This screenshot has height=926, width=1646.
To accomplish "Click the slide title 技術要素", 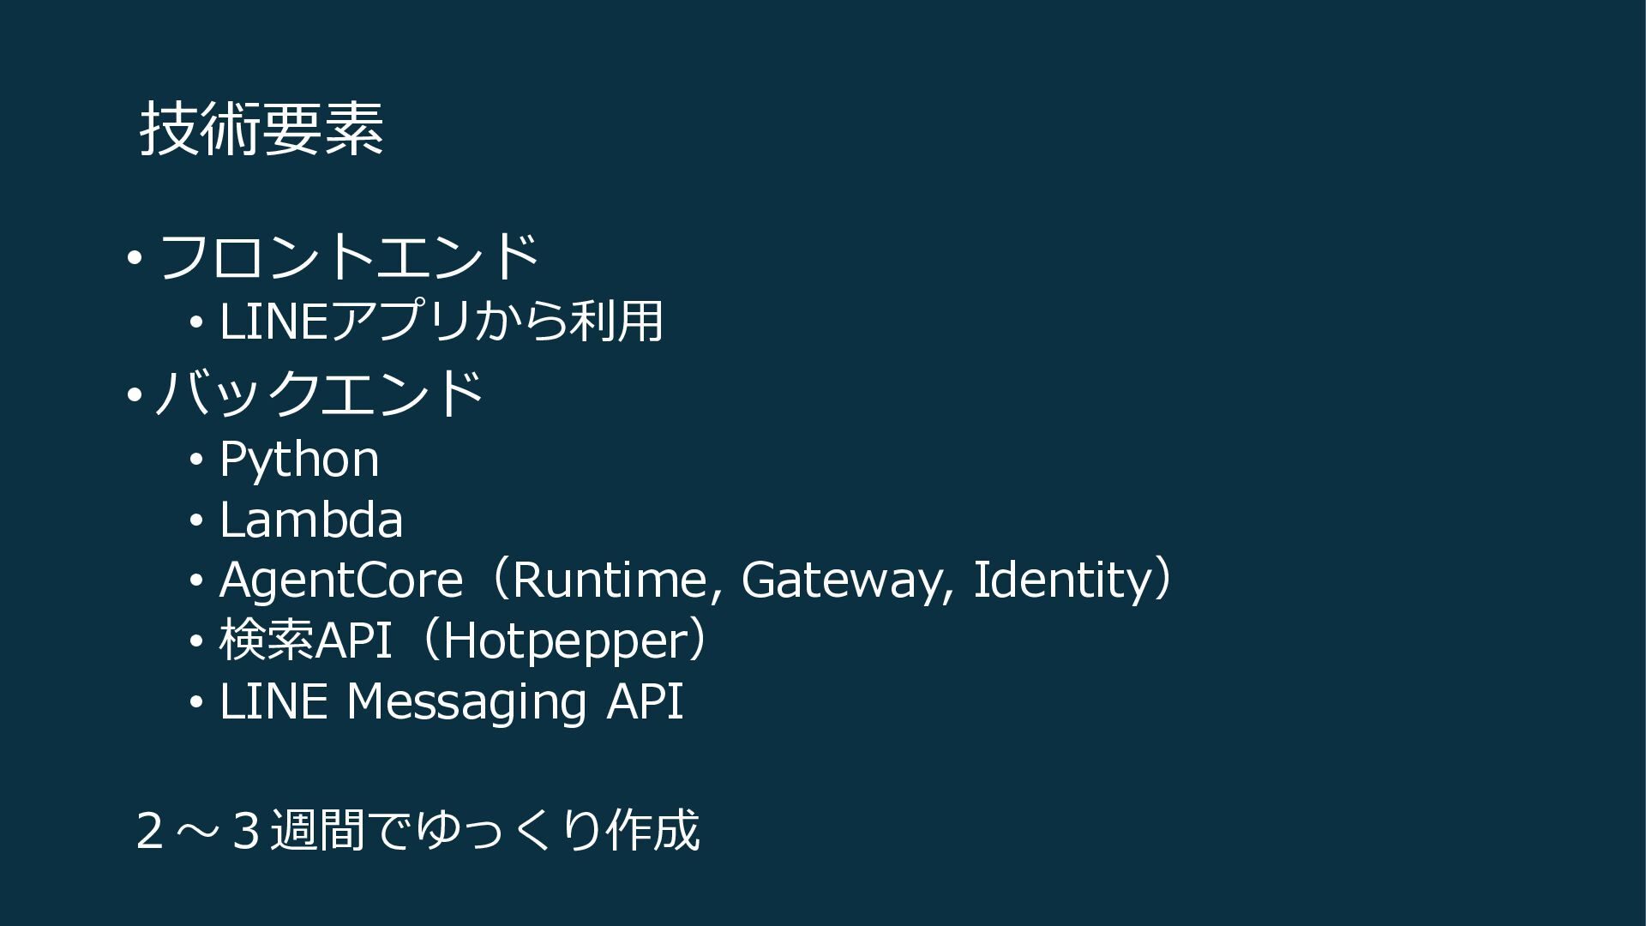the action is click(261, 129).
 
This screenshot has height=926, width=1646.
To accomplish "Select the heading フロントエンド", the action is click(348, 256).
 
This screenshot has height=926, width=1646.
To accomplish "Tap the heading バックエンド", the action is click(319, 394).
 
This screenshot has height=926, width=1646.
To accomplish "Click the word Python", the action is click(298, 460).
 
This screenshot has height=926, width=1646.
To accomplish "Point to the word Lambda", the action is click(310, 520).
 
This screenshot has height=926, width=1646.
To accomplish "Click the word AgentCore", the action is click(340, 580).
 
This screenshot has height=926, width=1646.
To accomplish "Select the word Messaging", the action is click(466, 702).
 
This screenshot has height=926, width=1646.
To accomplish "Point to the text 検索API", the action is click(305, 640).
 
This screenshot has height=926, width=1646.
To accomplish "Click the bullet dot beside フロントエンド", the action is click(134, 256).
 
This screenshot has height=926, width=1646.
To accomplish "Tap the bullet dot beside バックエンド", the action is click(134, 395).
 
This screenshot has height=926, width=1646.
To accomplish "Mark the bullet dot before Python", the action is click(196, 461).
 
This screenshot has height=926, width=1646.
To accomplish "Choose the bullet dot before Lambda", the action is click(196, 521).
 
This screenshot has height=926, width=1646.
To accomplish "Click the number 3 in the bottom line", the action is click(245, 831).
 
